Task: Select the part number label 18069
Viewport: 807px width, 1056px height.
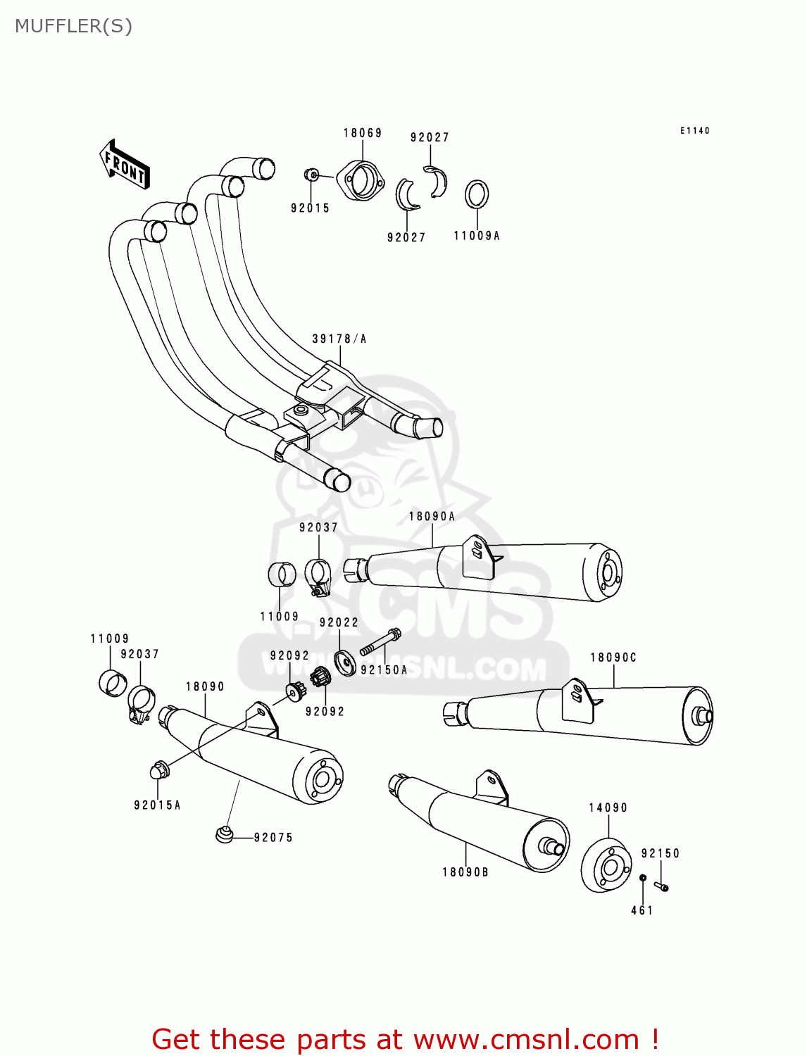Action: (363, 133)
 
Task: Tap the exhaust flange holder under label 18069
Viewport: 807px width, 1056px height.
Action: (361, 180)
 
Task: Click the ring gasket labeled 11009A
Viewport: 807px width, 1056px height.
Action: (477, 194)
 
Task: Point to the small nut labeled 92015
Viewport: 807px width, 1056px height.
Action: (312, 175)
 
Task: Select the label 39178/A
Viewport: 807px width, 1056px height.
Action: (339, 339)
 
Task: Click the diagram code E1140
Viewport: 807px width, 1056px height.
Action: (694, 130)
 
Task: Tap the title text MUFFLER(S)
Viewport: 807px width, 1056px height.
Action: (73, 26)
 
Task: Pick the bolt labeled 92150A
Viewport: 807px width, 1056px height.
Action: (380, 641)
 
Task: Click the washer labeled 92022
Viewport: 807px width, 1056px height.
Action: (345, 662)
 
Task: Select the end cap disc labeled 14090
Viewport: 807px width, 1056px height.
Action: (606, 866)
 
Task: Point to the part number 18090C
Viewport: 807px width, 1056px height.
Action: (613, 658)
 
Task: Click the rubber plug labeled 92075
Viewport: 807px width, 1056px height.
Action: (224, 835)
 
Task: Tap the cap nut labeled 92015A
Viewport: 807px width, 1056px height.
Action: (158, 769)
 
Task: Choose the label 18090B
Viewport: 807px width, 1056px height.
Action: (465, 872)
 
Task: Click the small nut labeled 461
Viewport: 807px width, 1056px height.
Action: (643, 878)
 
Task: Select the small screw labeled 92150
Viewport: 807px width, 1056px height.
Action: (661, 886)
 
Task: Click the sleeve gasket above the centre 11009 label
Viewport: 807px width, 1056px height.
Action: (282, 574)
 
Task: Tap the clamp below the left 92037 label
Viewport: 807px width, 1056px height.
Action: (142, 703)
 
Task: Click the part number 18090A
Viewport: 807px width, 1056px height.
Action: (432, 516)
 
